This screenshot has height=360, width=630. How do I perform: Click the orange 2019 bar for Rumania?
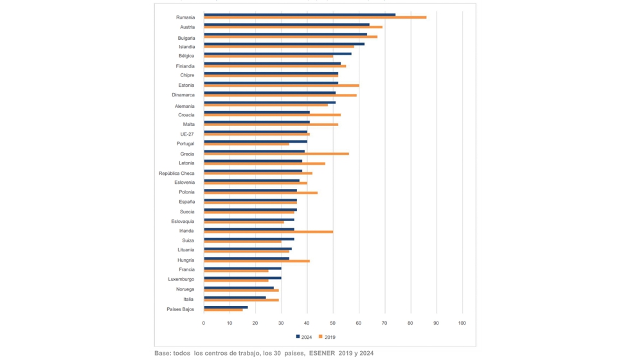pos(315,17)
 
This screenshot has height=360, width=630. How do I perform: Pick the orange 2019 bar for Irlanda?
pos(269,231)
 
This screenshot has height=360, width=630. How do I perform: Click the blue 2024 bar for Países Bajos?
pos(226,307)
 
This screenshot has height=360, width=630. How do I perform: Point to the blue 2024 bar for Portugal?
pos(255,141)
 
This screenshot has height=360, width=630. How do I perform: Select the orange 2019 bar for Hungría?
pos(256,261)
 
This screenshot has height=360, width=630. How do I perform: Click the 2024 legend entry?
pos(304,337)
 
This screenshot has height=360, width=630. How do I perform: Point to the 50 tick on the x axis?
pos(333,323)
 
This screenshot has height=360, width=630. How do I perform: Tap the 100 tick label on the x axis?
pos(462,323)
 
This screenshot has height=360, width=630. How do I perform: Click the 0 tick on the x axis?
pos(204,323)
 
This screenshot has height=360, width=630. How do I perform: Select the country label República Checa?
pos(177,174)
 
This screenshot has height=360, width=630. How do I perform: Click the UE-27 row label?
pos(186,134)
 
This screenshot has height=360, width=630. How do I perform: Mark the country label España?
pos(186,202)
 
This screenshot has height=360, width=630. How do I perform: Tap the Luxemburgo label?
pos(181,280)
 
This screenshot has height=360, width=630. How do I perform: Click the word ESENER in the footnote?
pos(323,353)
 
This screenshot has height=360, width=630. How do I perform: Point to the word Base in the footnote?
pos(163,353)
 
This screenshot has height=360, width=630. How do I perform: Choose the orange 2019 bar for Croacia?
pos(272,115)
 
